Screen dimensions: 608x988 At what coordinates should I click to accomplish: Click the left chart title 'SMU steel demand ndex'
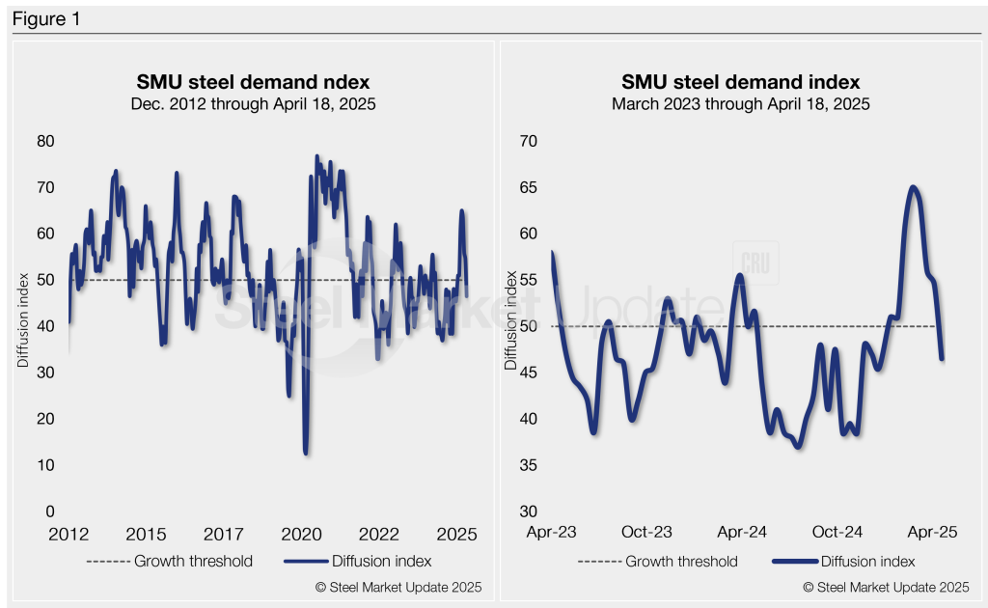[x=253, y=81]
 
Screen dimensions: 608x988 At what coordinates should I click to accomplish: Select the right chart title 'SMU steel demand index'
[x=740, y=81]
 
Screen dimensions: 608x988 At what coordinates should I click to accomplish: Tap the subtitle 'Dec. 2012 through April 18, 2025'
[x=253, y=102]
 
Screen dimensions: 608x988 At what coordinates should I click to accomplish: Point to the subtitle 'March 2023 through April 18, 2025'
[x=740, y=102]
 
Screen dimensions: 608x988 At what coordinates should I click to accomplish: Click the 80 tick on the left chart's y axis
[x=45, y=141]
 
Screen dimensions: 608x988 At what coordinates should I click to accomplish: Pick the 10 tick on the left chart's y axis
[x=45, y=465]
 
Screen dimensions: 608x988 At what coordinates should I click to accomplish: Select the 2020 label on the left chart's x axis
[x=301, y=534]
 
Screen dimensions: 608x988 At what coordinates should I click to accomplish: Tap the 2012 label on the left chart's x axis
[x=69, y=534]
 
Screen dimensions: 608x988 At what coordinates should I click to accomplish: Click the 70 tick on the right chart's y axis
[x=528, y=141]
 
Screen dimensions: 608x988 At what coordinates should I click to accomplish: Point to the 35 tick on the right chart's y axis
[x=528, y=465]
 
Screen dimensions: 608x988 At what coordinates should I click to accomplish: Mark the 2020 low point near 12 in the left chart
[x=306, y=452]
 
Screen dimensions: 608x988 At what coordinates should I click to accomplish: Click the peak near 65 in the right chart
[x=912, y=187]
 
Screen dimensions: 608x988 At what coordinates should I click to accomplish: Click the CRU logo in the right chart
[x=755, y=263]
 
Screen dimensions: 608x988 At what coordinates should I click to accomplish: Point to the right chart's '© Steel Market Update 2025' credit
[x=886, y=587]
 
